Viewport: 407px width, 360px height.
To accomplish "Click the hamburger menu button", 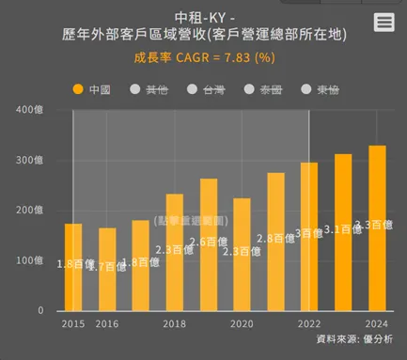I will pyautogui.click(x=384, y=23).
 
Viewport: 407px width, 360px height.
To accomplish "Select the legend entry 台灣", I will pyautogui.click(x=206, y=89).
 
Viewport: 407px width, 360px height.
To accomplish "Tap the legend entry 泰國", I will pyautogui.click(x=263, y=89).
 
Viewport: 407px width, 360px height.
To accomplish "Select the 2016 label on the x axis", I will pyautogui.click(x=106, y=323).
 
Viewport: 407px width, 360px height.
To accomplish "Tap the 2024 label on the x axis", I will pyautogui.click(x=377, y=323).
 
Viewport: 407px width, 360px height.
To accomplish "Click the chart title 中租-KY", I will pyautogui.click(x=203, y=16).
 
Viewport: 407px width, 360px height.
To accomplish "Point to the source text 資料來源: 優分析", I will pyautogui.click(x=354, y=339).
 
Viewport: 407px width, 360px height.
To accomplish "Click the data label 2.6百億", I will pyautogui.click(x=208, y=243).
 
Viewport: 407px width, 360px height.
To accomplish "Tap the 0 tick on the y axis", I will pyautogui.click(x=39, y=310).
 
